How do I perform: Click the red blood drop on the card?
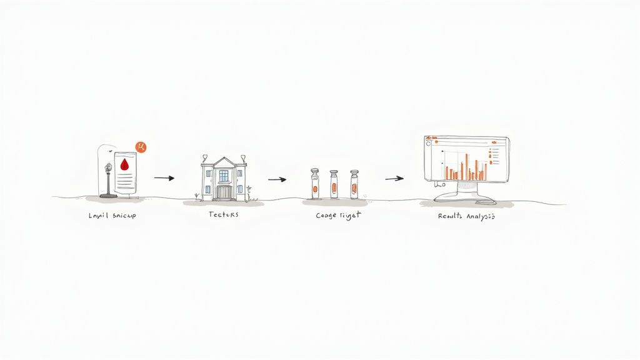124,164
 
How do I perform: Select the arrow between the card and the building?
164,178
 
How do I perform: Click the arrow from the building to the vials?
277,179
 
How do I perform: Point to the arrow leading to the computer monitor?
394,179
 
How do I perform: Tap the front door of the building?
223,192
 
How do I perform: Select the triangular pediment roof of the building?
223,162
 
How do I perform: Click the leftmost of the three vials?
315,184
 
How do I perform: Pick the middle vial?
334,184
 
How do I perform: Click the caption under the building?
223,214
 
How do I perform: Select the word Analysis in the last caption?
481,216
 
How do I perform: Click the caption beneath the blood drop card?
112,216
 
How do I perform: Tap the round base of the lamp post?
108,196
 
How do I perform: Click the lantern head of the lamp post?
108,167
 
